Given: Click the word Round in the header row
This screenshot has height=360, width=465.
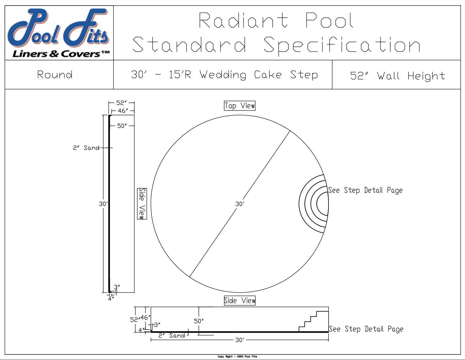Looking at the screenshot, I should tap(55, 75).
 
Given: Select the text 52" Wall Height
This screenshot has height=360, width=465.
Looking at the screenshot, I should tap(397, 75).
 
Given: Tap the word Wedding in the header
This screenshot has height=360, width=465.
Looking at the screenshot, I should tap(223, 75).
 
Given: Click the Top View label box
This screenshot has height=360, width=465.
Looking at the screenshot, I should tap(240, 106).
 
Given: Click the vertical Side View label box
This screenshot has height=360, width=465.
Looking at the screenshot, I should tap(142, 204).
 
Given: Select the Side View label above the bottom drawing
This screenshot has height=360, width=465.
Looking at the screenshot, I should tap(240, 301).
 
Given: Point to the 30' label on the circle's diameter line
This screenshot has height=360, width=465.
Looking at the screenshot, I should tap(239, 204).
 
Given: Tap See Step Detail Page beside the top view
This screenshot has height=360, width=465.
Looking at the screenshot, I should tap(365, 190).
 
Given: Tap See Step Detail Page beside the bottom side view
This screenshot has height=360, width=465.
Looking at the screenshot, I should tap(366, 329).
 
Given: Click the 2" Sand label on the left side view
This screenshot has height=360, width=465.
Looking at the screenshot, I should tap(86, 148).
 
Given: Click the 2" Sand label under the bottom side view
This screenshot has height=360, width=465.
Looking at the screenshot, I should tap(172, 336).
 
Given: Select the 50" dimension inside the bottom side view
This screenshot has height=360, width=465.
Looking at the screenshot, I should tap(199, 321).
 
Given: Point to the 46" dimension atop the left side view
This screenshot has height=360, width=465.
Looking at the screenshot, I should tap(123, 111).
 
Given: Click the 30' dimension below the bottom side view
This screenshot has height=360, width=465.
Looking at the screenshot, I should tap(239, 340).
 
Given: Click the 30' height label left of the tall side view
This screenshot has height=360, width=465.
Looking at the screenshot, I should tap(103, 204).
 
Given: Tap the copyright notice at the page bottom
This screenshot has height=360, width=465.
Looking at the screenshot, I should tap(237, 357).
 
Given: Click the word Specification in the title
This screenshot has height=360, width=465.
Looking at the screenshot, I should tap(342, 45).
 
